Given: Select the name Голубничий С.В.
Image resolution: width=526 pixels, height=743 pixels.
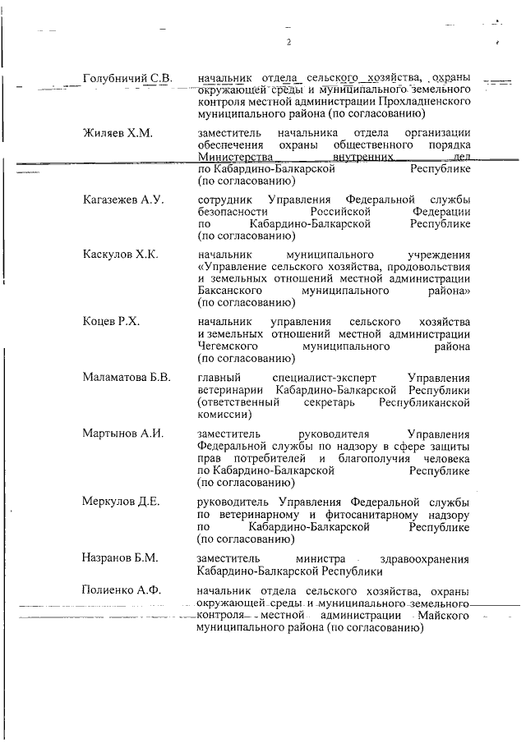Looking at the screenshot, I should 127,78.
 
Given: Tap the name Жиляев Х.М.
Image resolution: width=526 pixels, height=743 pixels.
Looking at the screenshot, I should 119,133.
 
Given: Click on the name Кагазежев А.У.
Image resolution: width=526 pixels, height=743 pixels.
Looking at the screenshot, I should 124,200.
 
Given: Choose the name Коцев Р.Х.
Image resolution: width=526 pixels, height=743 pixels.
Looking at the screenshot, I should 112,322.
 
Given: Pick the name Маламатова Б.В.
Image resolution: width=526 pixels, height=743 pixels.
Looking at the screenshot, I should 127,378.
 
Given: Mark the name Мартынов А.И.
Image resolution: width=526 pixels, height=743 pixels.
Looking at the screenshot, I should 123,433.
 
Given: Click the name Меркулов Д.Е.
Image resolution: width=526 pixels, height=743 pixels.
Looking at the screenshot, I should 122,502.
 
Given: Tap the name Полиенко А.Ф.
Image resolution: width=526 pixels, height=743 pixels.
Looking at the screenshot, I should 123,591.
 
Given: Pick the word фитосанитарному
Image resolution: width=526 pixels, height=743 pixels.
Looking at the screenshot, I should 339,514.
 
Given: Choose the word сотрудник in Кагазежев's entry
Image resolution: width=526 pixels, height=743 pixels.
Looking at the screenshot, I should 227,200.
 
